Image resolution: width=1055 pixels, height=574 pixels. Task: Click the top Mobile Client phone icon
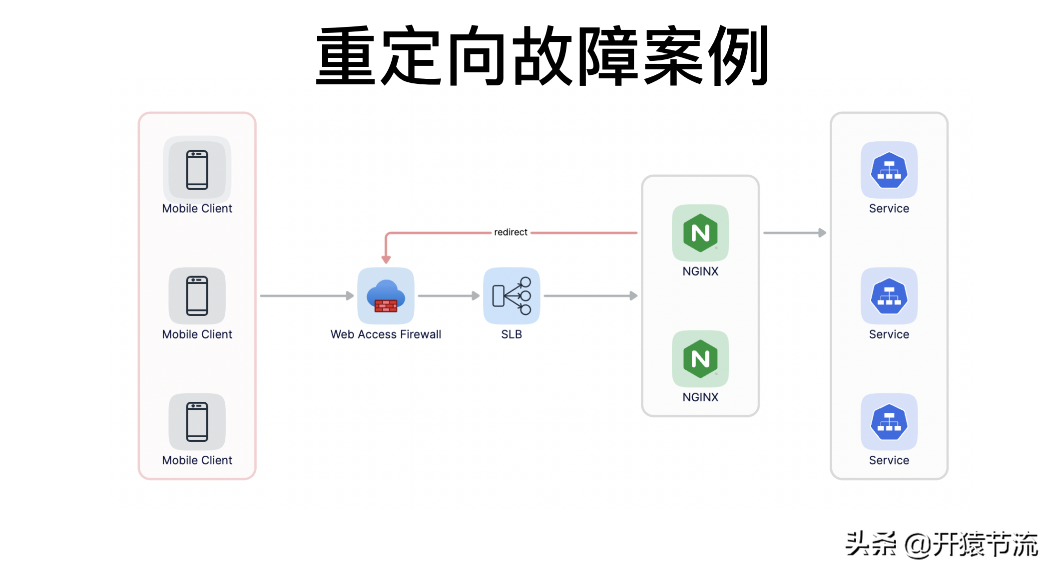tap(197, 170)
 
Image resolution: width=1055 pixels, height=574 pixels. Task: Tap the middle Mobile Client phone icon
tap(197, 295)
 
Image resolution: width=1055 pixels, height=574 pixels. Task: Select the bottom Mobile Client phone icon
tap(197, 422)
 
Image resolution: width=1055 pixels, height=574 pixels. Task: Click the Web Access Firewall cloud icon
tap(386, 295)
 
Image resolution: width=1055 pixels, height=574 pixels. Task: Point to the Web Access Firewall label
tap(386, 334)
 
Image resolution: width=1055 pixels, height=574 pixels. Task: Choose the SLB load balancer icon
tap(512, 295)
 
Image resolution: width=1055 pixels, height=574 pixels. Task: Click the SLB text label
tap(512, 334)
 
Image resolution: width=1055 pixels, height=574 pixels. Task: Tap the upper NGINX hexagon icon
tap(700, 233)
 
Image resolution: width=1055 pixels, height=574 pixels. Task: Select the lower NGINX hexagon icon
tap(700, 358)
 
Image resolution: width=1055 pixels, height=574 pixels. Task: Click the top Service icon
tap(889, 170)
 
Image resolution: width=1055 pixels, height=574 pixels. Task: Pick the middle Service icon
tap(889, 295)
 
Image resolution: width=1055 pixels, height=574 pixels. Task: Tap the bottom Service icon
tap(889, 422)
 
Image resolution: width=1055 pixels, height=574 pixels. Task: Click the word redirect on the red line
tap(511, 232)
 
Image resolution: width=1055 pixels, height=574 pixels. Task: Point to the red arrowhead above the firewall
tap(386, 259)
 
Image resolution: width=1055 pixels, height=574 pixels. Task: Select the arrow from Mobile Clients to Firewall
tap(307, 296)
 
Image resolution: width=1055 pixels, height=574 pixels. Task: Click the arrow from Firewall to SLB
tap(449, 296)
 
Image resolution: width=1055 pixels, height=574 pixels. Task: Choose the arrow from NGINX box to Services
tap(795, 233)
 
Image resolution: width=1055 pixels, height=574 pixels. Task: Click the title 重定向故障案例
tap(542, 56)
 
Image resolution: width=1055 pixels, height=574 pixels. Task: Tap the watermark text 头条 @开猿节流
tap(941, 544)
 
